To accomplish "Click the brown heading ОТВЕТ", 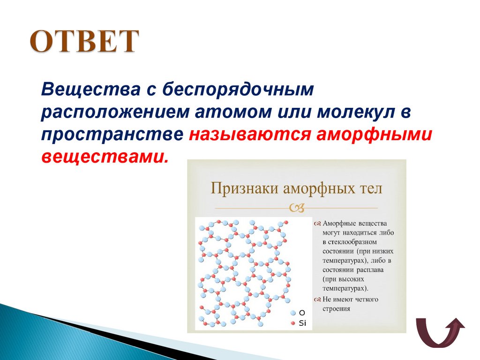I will [x=85, y=42].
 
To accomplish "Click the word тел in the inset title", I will [x=370, y=188].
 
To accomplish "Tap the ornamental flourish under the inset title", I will [x=297, y=207].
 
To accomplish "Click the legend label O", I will [x=302, y=313].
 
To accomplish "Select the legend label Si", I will [x=302, y=323].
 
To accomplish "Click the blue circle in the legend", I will [x=292, y=313].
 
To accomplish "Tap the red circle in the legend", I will [x=292, y=323].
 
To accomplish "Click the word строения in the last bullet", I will [x=336, y=309].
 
